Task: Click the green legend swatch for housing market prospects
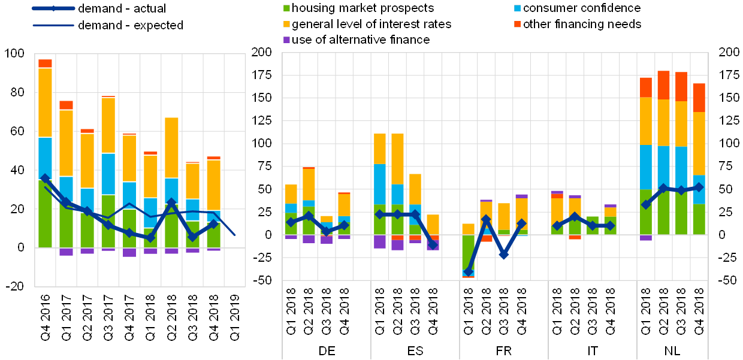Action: [x=287, y=8]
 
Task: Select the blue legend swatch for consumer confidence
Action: [x=518, y=8]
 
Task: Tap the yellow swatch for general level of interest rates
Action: [x=287, y=25]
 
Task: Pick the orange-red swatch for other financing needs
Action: [x=518, y=25]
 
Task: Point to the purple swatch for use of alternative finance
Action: [x=287, y=40]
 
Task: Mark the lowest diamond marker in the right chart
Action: [x=469, y=271]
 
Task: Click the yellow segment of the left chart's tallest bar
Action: [x=45, y=102]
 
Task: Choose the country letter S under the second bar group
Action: [x=419, y=351]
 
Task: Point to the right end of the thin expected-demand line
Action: [x=235, y=235]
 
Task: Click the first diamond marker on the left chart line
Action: [x=45, y=179]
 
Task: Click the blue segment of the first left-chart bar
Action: [x=45, y=158]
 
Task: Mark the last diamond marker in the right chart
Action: [x=699, y=187]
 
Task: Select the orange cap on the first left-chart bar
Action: [x=45, y=63]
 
